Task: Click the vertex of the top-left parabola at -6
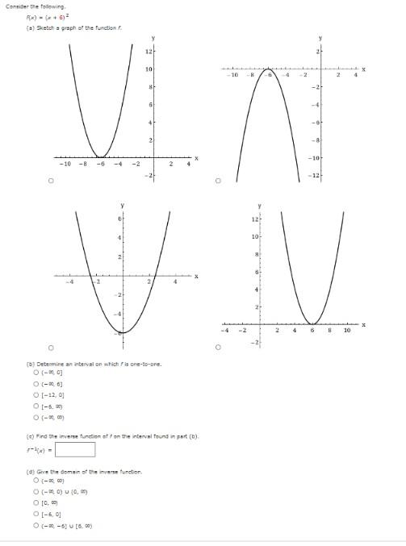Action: tap(98, 156)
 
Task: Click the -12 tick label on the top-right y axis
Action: tap(317, 176)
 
